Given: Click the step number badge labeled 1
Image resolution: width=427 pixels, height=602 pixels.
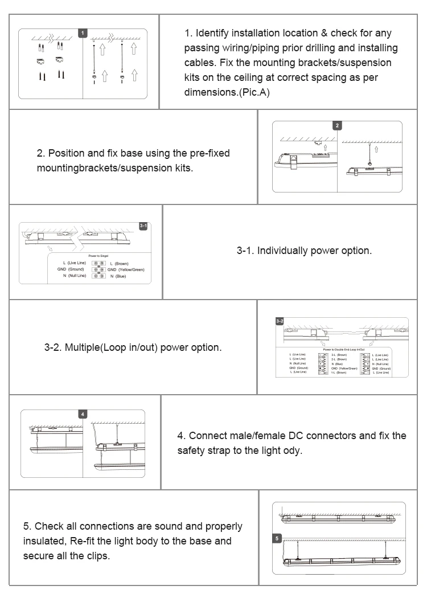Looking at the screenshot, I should click(83, 33).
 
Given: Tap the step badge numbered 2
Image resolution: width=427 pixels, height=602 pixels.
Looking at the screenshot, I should click(337, 126).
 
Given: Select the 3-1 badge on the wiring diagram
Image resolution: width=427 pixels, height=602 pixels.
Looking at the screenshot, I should click(144, 227).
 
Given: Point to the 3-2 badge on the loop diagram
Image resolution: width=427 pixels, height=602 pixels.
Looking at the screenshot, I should click(280, 322).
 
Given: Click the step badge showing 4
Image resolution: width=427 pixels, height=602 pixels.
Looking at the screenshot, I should click(83, 414).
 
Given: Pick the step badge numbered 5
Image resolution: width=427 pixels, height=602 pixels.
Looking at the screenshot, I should click(277, 538).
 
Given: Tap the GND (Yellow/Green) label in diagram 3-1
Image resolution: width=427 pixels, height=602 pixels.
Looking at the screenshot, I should click(126, 270).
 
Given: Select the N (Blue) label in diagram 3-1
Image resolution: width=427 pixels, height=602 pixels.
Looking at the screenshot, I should click(118, 276).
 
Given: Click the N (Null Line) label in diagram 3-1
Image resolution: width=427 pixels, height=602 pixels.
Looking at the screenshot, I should click(75, 276).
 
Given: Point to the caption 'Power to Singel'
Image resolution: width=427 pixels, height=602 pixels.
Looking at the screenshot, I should click(99, 257).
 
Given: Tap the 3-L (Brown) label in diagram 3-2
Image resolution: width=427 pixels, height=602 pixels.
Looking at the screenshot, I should click(339, 354).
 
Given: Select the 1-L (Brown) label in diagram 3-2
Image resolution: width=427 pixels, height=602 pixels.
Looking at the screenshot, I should click(339, 372).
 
